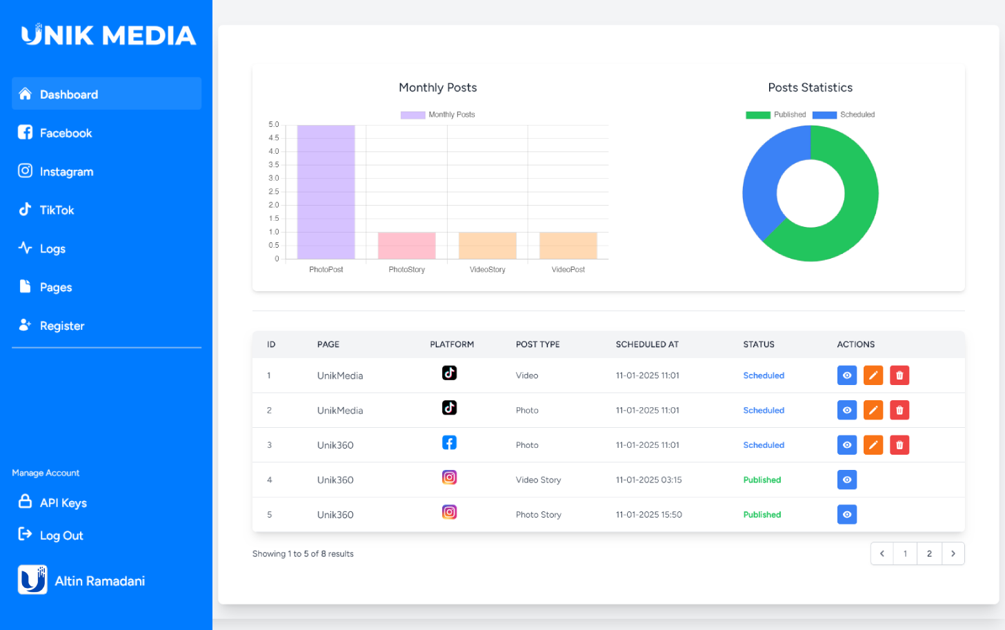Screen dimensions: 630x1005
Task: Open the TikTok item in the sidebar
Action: tap(56, 210)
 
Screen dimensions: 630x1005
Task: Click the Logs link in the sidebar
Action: tap(52, 248)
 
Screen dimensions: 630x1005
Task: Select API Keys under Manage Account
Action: tap(63, 502)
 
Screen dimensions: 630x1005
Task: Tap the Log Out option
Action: tap(61, 535)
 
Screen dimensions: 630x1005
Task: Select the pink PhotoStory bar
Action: tap(406, 246)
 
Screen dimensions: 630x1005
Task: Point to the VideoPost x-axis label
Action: tap(568, 270)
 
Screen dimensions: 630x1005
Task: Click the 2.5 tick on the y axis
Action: tap(274, 192)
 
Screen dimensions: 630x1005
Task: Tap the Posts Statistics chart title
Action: tap(810, 88)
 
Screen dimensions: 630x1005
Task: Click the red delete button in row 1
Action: tap(899, 375)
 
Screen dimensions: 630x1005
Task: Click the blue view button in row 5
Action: tap(846, 515)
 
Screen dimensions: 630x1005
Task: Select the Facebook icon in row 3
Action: tap(449, 443)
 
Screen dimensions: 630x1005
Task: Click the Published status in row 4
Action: tap(762, 480)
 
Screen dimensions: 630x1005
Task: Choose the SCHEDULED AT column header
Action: tap(647, 344)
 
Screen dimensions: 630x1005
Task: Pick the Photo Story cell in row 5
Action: tap(538, 515)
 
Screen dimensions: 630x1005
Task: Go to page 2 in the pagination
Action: tap(929, 553)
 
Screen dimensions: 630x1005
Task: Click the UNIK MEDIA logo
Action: tap(108, 35)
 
